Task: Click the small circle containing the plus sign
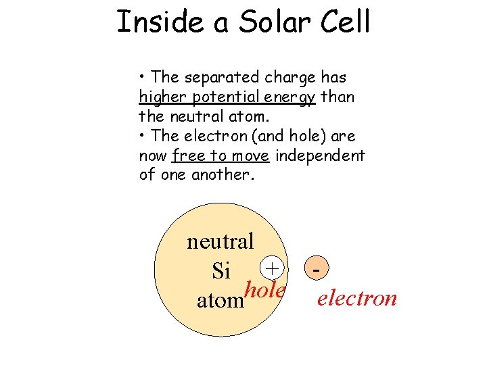click(x=272, y=268)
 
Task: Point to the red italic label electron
click(x=357, y=298)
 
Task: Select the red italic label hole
click(x=265, y=290)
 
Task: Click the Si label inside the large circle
click(x=221, y=271)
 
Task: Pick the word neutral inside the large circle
click(x=221, y=241)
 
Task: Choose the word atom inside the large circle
click(x=220, y=300)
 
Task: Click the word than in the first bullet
click(x=337, y=97)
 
